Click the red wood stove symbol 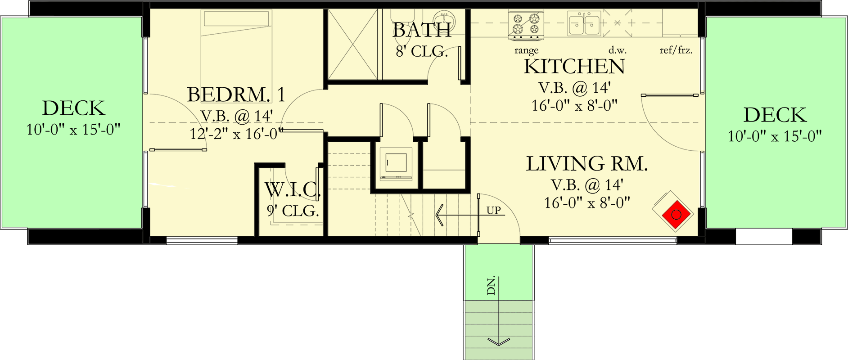click(x=676, y=215)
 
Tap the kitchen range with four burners click(x=526, y=24)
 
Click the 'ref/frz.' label click(x=676, y=50)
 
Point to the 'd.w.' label click(x=617, y=50)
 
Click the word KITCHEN click(x=574, y=67)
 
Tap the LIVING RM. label click(x=586, y=164)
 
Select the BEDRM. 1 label click(x=236, y=95)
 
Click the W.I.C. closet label click(x=292, y=190)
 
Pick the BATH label click(x=421, y=31)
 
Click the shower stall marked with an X click(x=352, y=45)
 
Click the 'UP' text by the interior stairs click(x=493, y=210)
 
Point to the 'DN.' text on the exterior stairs click(x=491, y=286)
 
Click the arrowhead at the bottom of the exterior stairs click(x=499, y=342)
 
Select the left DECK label click(x=73, y=108)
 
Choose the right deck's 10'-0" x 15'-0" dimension click(x=774, y=136)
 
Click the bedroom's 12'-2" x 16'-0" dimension click(x=236, y=134)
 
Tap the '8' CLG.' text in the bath click(x=421, y=52)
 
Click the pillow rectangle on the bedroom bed click(x=236, y=19)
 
